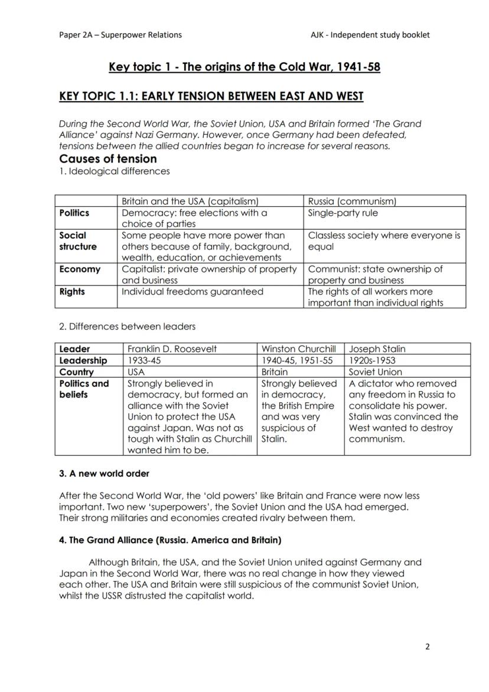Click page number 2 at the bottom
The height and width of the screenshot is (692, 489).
428,646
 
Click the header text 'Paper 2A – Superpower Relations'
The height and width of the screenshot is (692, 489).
120,35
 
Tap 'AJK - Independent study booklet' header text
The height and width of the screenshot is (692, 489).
370,35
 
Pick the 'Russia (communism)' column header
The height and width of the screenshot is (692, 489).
352,202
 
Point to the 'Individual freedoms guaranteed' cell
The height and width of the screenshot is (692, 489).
193,291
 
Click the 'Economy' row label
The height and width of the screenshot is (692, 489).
80,269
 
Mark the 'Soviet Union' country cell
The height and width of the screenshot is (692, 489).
375,372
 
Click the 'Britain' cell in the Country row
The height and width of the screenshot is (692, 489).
275,372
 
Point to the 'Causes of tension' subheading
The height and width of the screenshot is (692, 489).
108,159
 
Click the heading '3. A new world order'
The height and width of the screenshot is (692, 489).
104,473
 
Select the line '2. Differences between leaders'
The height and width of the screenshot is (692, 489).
127,326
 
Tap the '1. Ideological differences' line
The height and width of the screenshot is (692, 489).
115,171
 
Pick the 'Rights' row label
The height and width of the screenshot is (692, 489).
72,291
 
